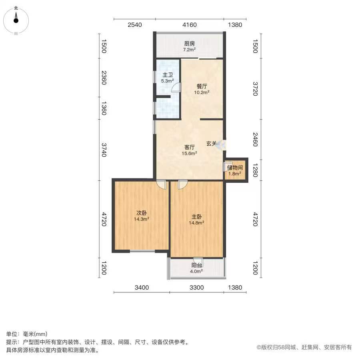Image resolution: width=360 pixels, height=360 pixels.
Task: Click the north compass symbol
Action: (x=16, y=21)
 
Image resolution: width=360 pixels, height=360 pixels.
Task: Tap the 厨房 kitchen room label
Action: (x=190, y=43)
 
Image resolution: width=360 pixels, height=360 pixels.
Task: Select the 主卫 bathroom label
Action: (x=168, y=75)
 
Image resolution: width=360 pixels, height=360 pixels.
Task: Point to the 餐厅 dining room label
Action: (x=202, y=86)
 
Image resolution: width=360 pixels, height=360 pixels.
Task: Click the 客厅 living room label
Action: (x=190, y=147)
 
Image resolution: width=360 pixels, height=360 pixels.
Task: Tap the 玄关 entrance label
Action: (x=212, y=143)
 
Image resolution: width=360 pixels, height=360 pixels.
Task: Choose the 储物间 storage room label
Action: (x=235, y=168)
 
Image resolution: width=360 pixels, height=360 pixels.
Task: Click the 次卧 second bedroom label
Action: (x=142, y=213)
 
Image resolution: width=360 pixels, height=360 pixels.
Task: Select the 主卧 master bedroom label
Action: (x=197, y=217)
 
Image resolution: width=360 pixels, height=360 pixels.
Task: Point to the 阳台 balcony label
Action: (x=197, y=265)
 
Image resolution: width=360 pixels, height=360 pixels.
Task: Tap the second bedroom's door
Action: (x=161, y=184)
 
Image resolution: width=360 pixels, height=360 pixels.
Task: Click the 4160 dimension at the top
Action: (x=190, y=25)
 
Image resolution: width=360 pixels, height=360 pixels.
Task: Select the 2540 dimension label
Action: (x=135, y=25)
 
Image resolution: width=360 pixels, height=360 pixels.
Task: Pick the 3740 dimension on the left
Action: (x=104, y=150)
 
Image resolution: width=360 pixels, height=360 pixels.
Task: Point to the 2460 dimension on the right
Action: (x=255, y=139)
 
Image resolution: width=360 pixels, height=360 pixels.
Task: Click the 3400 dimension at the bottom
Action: (x=142, y=288)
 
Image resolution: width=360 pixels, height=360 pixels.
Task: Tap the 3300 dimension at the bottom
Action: (x=197, y=288)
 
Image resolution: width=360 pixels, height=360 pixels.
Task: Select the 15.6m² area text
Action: (x=190, y=153)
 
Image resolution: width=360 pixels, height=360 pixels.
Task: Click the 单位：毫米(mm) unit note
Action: (x=27, y=334)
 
